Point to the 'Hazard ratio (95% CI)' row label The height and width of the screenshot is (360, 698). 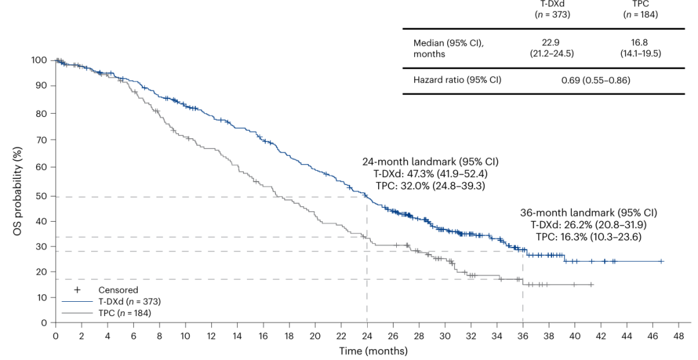tap(457, 81)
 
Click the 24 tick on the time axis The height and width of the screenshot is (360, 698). tap(367, 337)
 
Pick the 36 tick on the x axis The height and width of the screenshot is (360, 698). tap(523, 337)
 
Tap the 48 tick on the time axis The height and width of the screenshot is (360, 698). tap(679, 337)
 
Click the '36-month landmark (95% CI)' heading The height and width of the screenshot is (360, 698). tap(588, 213)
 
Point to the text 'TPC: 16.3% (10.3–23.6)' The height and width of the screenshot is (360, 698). tap(588, 237)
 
